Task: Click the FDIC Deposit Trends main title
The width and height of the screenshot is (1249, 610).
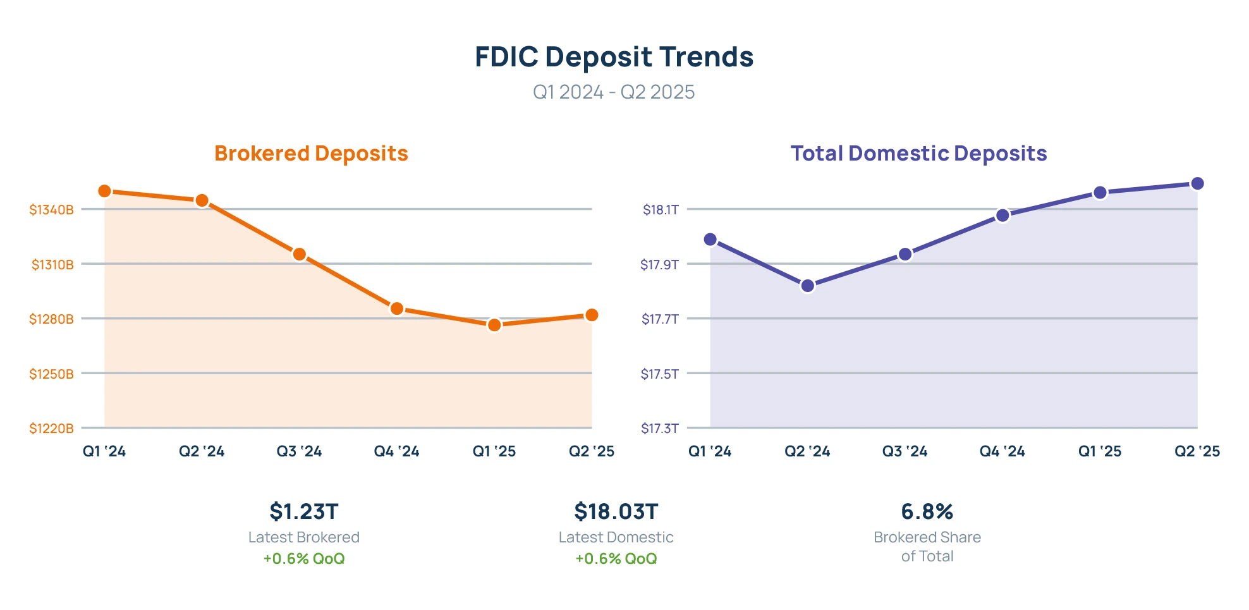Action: point(614,57)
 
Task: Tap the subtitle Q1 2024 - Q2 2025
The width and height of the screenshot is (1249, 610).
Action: point(614,92)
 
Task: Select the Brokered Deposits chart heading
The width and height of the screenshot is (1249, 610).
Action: point(311,154)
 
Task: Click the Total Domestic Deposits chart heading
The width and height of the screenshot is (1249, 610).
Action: point(918,154)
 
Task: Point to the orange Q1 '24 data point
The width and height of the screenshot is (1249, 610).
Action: point(105,191)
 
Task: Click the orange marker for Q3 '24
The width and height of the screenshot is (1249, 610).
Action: point(300,254)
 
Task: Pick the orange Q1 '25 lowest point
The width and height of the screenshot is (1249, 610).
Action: point(494,325)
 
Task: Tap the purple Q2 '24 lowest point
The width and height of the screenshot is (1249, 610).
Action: point(807,286)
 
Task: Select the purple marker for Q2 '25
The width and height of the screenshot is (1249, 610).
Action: point(1197,184)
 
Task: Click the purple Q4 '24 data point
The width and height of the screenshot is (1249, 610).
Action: point(1002,216)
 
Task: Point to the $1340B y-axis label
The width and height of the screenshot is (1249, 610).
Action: point(51,210)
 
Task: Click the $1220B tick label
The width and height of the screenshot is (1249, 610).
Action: point(51,429)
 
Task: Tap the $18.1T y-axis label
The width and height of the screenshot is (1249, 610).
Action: point(661,210)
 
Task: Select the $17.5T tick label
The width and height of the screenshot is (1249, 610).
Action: point(660,374)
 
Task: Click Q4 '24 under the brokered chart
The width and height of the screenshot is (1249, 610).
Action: point(396,451)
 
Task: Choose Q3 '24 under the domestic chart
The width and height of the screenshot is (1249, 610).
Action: point(905,451)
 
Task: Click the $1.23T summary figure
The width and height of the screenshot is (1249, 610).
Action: point(304,511)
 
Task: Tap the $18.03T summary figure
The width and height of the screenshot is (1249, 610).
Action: point(616,511)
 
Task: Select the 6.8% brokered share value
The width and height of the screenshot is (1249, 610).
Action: point(927,511)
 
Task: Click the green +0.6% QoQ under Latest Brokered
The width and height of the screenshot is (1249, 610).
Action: point(304,559)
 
